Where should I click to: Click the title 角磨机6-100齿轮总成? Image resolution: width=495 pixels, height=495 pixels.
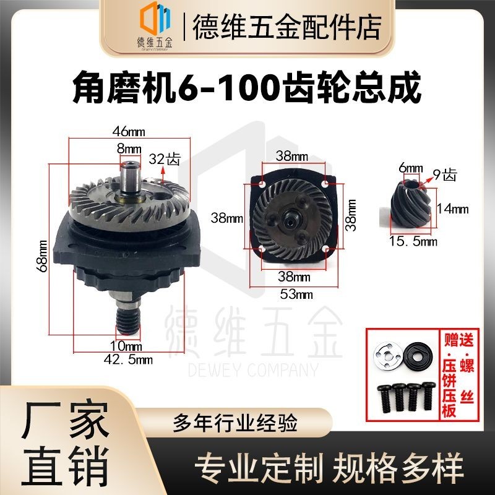tap(247, 88)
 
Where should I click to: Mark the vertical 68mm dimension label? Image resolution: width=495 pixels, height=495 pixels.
tap(43, 255)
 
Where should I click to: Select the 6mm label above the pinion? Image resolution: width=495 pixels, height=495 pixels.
tap(410, 168)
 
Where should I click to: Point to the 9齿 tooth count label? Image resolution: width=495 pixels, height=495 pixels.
tap(444, 175)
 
